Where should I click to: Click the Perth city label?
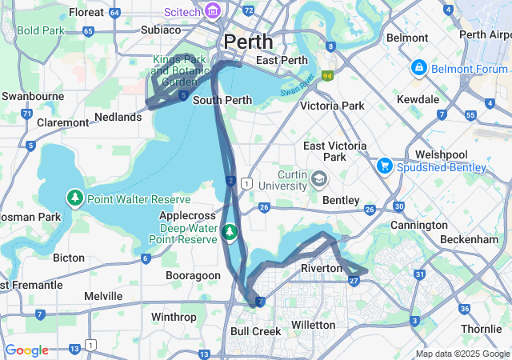click(248, 41)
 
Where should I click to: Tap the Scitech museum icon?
click(212, 11)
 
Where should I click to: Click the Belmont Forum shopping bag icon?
click(418, 68)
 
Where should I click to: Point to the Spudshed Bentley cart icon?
click(384, 166)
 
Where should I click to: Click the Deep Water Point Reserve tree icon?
click(230, 232)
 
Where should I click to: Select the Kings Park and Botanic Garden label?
click(179, 70)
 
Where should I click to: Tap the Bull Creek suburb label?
click(255, 330)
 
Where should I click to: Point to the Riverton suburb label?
click(321, 268)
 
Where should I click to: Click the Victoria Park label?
click(331, 106)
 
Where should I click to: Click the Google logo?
click(26, 350)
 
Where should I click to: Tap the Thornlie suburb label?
click(481, 329)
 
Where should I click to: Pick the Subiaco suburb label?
click(161, 30)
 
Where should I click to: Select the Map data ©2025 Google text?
click(462, 354)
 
